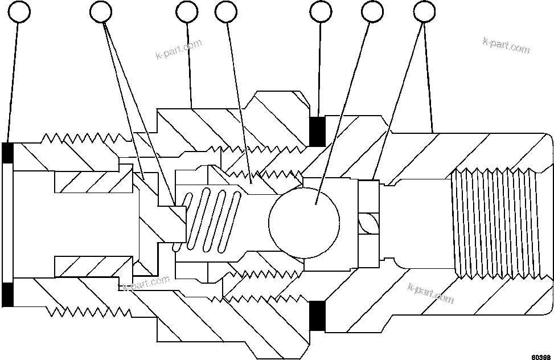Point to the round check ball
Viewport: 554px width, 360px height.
coord(304,219)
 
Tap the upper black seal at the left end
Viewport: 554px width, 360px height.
coord(8,152)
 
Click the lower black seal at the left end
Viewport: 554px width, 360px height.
coord(8,294)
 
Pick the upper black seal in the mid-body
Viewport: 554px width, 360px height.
coord(317,130)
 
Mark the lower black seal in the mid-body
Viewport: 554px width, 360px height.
coord(317,315)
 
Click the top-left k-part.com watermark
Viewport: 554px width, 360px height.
coord(178,50)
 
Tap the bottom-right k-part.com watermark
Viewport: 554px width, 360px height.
coord(431,292)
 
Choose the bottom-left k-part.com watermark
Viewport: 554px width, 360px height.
coord(146,283)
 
